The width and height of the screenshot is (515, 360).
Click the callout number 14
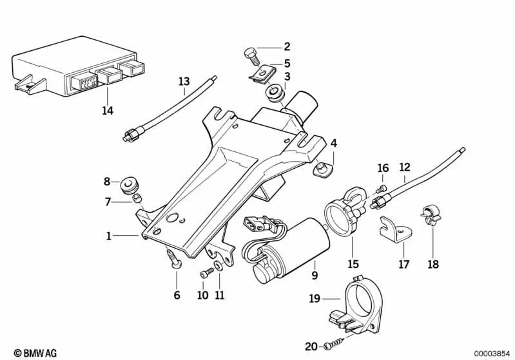click(107, 111)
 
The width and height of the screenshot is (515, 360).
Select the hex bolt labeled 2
click(251, 55)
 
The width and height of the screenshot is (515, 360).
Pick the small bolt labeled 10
click(206, 274)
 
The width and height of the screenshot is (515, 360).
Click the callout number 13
click(184, 81)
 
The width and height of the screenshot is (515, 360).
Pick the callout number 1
click(109, 236)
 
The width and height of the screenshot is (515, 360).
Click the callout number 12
click(404, 167)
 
